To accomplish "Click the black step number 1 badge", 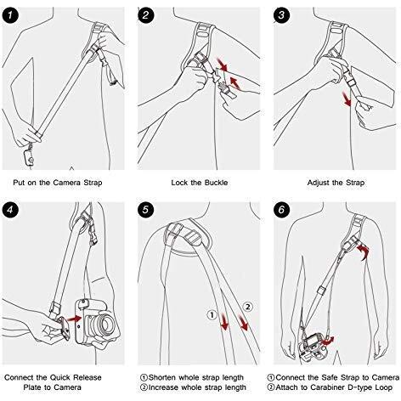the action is click(10, 15).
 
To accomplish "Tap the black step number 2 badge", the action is click(145, 15).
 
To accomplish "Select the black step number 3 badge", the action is click(281, 15).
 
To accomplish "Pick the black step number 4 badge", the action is click(10, 210).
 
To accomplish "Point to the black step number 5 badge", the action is click(145, 210).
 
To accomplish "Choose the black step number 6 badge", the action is click(281, 210).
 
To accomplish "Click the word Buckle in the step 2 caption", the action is click(216, 183).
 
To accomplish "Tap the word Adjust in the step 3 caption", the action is click(317, 183).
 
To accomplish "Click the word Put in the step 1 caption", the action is click(20, 183).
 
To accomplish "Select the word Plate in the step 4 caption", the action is click(32, 387).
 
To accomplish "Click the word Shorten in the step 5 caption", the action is click(162, 377).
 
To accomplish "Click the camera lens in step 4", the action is click(105, 323).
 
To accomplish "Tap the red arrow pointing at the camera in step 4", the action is click(75, 319).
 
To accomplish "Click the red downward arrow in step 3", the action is click(347, 99).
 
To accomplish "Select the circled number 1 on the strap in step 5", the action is click(212, 314).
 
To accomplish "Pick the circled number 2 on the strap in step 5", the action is click(248, 307).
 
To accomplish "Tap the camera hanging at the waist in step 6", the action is click(313, 346).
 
